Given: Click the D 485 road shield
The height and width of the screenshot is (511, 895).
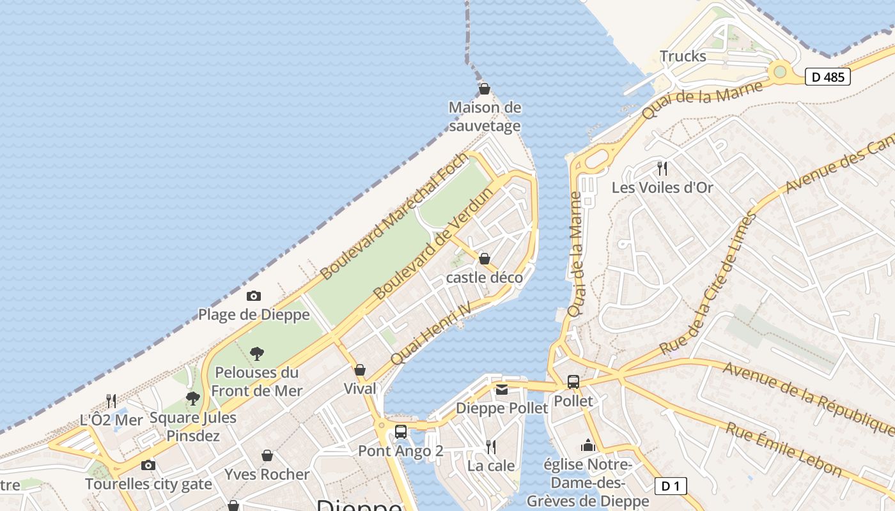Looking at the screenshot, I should point(827,77).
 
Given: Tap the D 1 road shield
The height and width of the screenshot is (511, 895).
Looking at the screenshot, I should point(670,486).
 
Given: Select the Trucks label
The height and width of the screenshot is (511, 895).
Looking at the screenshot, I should point(683,56).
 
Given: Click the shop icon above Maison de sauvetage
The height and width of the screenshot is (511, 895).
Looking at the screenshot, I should point(485,89).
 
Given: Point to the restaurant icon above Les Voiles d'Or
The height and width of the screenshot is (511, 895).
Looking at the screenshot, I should point(662,169).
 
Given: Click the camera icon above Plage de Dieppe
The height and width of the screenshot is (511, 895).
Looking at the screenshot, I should point(254,296).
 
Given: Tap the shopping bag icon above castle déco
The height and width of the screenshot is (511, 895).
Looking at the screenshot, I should point(485,259).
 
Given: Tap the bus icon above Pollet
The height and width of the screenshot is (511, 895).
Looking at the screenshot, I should point(573,382).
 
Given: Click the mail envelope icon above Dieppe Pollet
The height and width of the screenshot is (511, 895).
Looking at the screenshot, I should point(502,389).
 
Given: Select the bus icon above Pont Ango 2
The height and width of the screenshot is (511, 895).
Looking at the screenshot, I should point(401,432).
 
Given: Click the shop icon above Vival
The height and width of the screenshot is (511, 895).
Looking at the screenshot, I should point(360,370).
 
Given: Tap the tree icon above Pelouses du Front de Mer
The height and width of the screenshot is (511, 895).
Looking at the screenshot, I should point(257,353).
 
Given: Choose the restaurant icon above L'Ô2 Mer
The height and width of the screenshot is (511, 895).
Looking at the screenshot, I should point(111,401).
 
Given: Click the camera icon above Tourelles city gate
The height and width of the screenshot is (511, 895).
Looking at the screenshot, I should point(148,465).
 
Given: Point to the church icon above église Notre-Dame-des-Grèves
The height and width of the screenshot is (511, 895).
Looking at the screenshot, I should point(588,445).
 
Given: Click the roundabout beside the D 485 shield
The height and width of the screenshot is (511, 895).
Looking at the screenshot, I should point(780,72).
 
